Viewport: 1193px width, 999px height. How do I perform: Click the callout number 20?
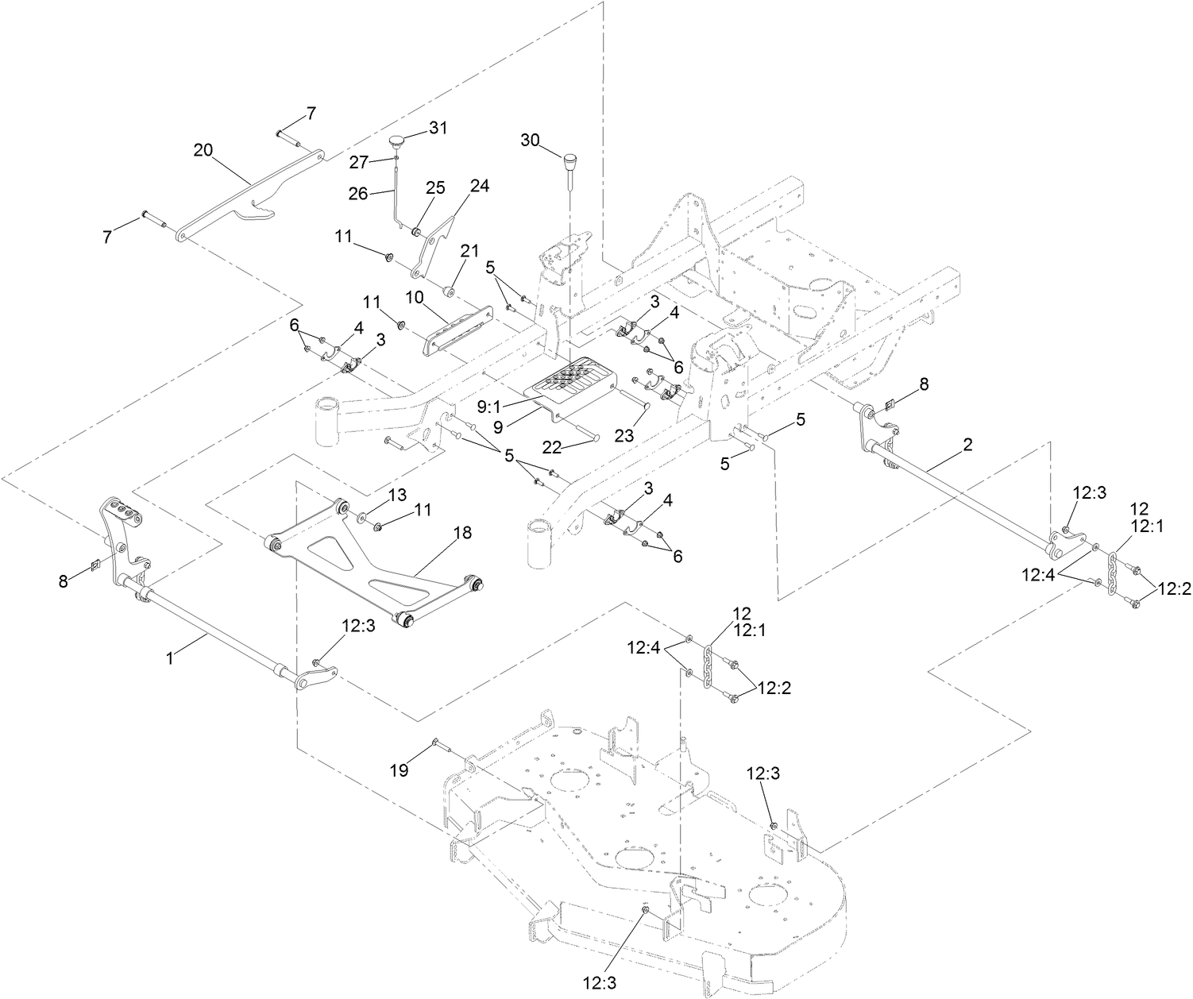(x=203, y=149)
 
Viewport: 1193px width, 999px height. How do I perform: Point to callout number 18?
(x=462, y=533)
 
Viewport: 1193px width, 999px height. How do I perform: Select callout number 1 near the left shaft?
(x=168, y=658)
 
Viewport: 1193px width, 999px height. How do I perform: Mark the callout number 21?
(x=470, y=251)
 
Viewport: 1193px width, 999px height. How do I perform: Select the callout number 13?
(x=397, y=496)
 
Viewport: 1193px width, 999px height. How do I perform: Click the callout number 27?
(x=360, y=162)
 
